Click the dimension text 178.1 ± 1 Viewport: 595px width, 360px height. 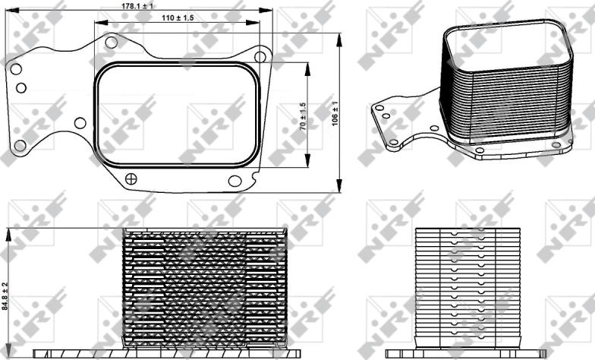tap(138, 6)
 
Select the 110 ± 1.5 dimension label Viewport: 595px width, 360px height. tap(178, 17)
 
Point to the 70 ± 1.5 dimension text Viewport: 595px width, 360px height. tap(303, 117)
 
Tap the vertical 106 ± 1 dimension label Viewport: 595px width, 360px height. tap(335, 114)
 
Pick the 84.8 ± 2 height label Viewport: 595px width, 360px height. tap(5, 296)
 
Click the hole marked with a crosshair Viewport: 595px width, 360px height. tap(131, 178)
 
